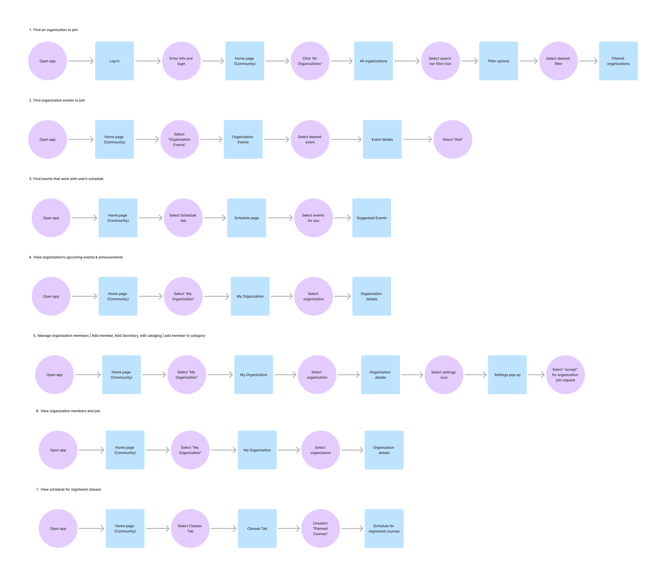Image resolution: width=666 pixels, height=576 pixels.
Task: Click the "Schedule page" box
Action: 246,218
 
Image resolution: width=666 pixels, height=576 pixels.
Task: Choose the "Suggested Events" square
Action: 372,218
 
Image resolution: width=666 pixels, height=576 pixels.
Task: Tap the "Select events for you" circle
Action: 313,218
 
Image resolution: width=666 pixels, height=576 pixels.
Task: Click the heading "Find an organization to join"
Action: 55,30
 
